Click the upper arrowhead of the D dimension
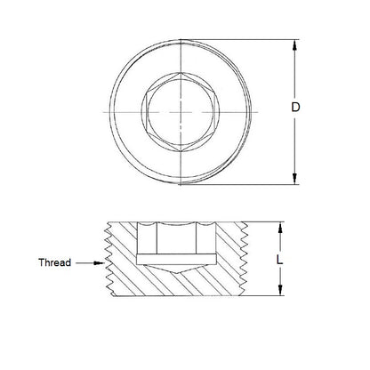point(294,44)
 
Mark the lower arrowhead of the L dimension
point(281,293)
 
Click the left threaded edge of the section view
point(109,258)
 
